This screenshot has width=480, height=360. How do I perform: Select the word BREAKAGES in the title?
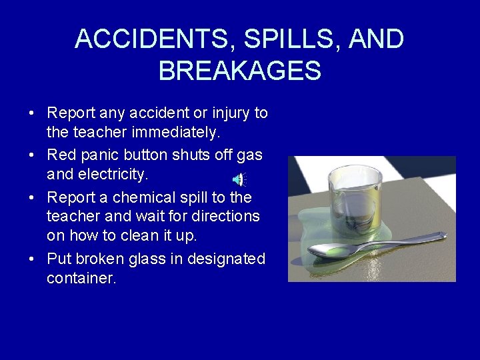[240, 70]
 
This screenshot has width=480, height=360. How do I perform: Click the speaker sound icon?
[238, 179]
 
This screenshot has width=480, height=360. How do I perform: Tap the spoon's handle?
[407, 239]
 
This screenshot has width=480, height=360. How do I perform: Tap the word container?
[81, 279]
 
